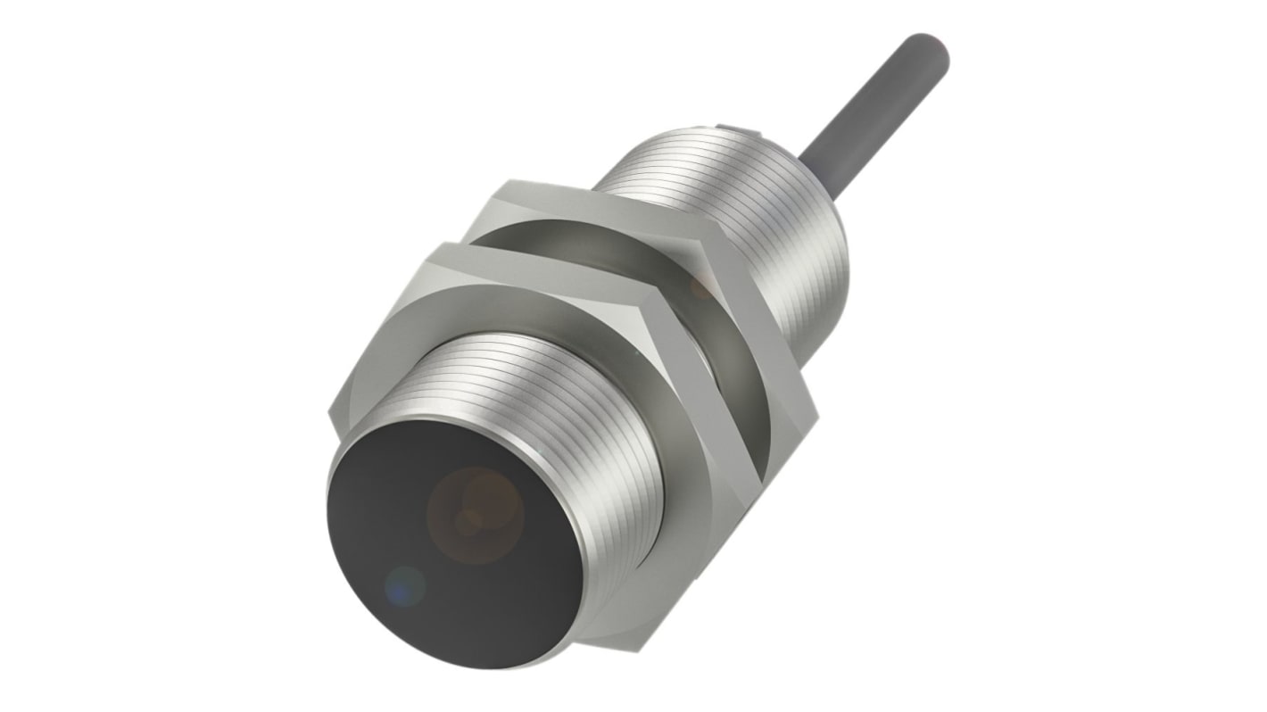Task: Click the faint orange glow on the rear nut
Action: [x=700, y=287]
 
